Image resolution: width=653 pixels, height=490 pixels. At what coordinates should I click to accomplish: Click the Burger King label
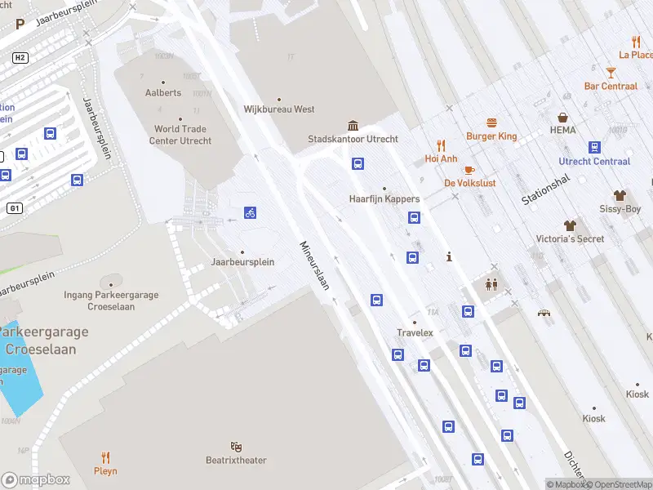tap(491, 136)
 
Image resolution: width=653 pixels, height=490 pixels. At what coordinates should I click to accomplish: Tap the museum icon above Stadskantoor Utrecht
tap(353, 125)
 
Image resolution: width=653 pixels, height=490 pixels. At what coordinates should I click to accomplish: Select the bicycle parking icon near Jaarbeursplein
tap(251, 213)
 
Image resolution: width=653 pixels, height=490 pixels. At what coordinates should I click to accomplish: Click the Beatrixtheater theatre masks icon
tap(236, 447)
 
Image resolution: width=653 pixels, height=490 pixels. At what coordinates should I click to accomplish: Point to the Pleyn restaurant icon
tap(105, 457)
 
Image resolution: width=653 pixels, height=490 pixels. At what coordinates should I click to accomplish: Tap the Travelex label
tap(415, 332)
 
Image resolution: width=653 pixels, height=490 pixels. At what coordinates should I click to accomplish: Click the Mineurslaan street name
tap(314, 265)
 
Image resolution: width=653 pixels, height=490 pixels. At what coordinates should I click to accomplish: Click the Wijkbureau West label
tap(279, 109)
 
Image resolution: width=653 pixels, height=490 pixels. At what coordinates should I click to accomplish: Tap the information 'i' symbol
tap(449, 257)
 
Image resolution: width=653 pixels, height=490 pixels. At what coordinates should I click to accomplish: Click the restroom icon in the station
tap(491, 284)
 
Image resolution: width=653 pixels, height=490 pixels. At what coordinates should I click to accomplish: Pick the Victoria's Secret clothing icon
tap(570, 225)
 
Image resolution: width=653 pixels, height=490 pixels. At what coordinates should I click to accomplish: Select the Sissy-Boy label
tap(620, 209)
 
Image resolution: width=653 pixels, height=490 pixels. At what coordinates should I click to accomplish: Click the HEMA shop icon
tap(562, 118)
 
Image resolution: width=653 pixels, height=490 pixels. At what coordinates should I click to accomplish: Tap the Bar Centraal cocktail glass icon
tap(611, 73)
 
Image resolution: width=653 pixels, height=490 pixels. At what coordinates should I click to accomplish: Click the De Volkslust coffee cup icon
tap(469, 170)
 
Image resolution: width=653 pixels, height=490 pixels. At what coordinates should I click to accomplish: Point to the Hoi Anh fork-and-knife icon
tap(441, 145)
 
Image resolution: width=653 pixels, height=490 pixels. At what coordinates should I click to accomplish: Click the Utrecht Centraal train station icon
tap(594, 148)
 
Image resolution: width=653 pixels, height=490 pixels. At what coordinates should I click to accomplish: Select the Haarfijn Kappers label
tap(384, 198)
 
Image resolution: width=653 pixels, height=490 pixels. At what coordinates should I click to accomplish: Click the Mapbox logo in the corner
tap(35, 480)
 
